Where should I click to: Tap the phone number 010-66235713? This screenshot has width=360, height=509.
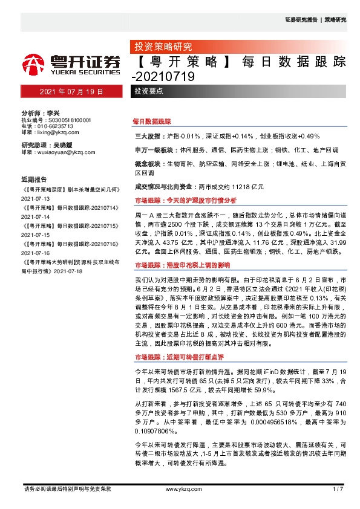pos(58,126)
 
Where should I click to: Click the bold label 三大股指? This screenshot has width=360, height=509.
pos(147,137)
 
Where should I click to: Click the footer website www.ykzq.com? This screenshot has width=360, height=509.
pos(180,488)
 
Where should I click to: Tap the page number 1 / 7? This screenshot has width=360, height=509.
pos(338,488)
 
